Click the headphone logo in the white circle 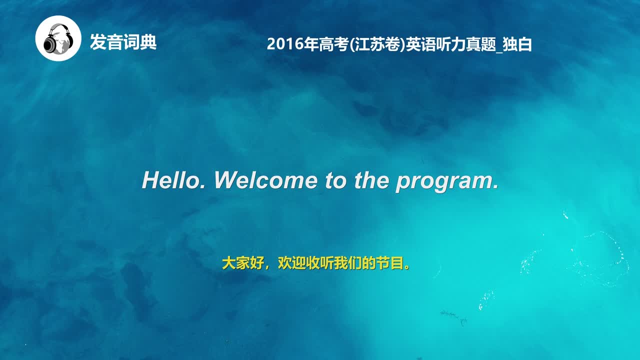(x=58, y=38)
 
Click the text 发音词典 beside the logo (x=123, y=42)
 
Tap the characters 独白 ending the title (x=517, y=44)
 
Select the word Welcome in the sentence (x=265, y=180)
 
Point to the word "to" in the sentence (x=335, y=180)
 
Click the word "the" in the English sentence (x=371, y=180)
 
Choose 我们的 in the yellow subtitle (x=354, y=263)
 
